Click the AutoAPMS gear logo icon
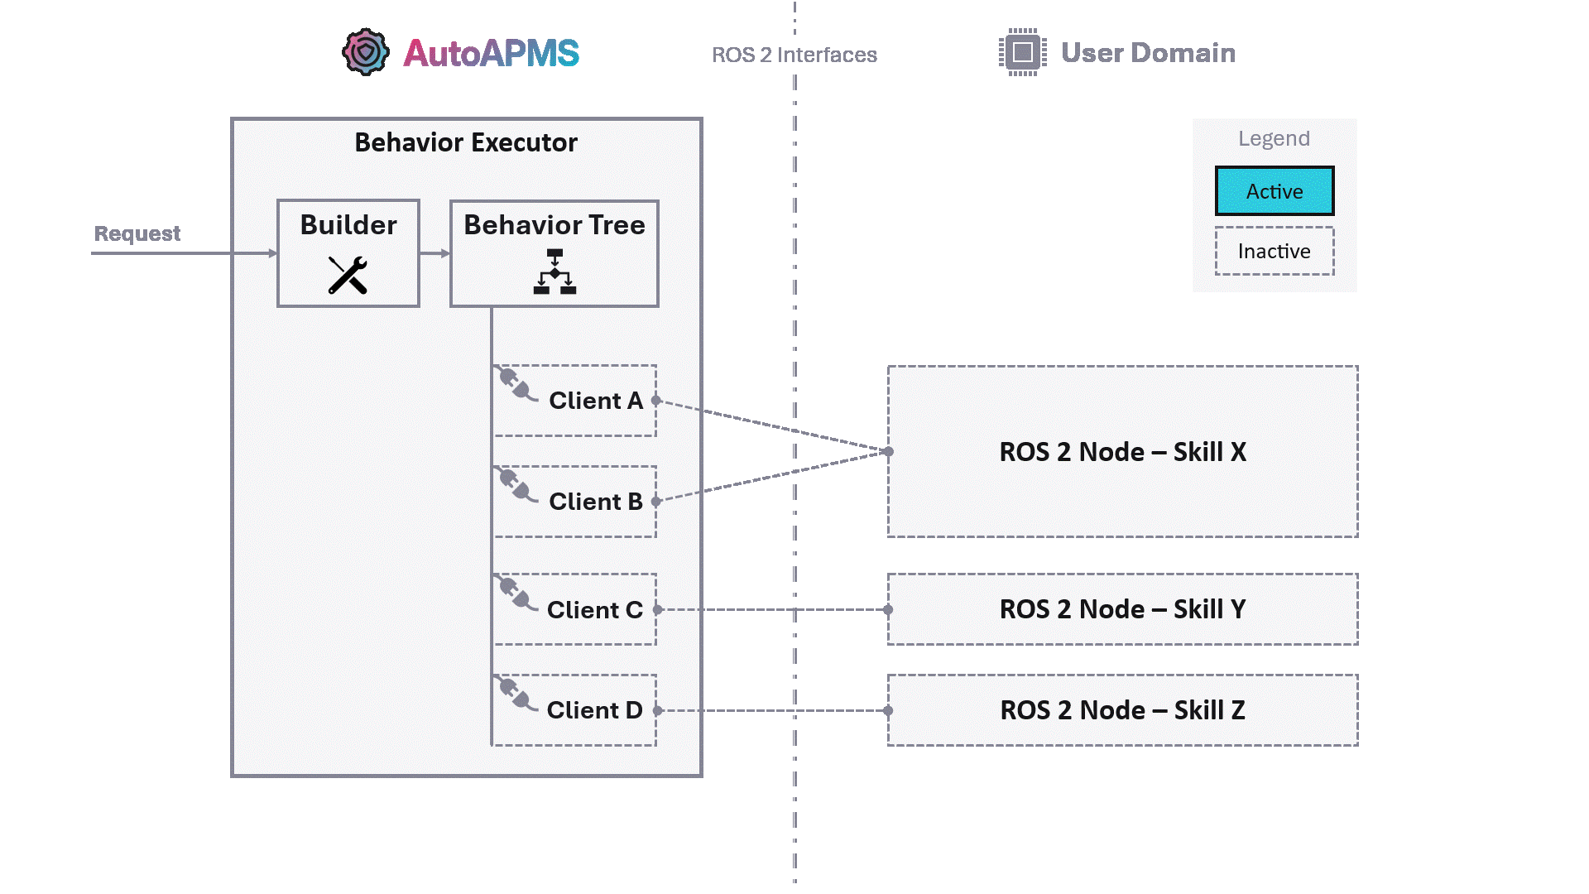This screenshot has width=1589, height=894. (x=365, y=52)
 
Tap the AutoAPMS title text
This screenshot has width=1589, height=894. (x=491, y=54)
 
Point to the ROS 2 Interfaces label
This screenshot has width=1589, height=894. (x=794, y=55)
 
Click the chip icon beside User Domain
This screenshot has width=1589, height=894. (x=1022, y=52)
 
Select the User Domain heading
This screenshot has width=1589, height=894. (x=1148, y=53)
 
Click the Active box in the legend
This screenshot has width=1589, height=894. (x=1274, y=191)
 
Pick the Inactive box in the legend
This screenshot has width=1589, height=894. (x=1274, y=251)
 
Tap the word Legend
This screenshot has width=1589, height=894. (x=1274, y=138)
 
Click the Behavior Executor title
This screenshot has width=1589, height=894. (x=466, y=142)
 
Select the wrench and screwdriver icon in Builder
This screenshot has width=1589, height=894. (x=348, y=275)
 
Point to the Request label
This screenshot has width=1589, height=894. (x=137, y=233)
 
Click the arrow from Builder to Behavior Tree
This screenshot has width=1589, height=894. (x=434, y=253)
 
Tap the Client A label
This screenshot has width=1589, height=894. (x=595, y=401)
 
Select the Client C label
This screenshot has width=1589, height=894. (x=594, y=610)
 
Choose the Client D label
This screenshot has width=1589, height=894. (x=594, y=710)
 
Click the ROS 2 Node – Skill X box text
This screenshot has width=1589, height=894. (x=1122, y=452)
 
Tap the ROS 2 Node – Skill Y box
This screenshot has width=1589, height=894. (x=1122, y=609)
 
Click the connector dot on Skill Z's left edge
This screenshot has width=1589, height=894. (x=888, y=710)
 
